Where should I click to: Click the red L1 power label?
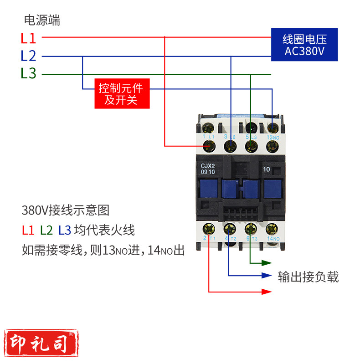click(28, 38)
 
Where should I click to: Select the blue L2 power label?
click(28, 56)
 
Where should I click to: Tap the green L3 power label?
click(28, 73)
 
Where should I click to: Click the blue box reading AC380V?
click(304, 44)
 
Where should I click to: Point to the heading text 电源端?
click(42, 20)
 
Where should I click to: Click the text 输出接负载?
click(309, 277)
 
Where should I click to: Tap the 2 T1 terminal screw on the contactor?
click(209, 228)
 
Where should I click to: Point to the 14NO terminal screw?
click(273, 228)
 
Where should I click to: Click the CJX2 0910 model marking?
click(208, 169)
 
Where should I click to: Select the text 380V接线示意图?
click(66, 210)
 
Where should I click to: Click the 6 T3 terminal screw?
click(250, 228)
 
